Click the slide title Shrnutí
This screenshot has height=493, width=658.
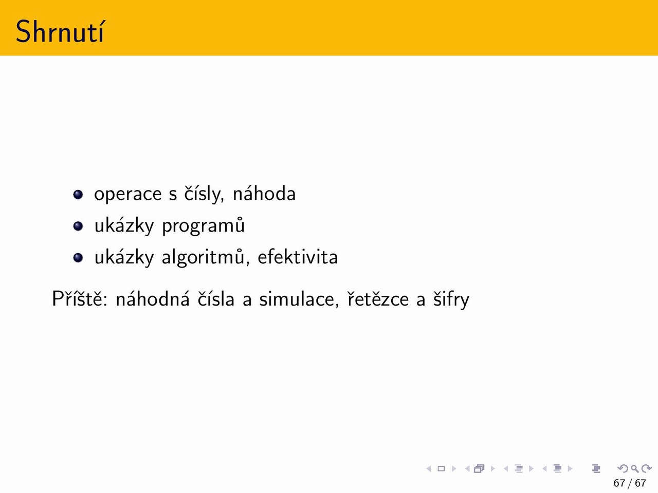[x=60, y=31]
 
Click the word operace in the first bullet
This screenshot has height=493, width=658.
[x=127, y=194]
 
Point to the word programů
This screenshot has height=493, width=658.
[x=203, y=225]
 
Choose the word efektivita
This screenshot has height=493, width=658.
[x=298, y=257]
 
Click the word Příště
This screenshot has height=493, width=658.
[x=80, y=298]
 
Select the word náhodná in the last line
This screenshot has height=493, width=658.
[x=153, y=298]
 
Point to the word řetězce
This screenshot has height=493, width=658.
[x=378, y=299]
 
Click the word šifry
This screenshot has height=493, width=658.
[x=451, y=299]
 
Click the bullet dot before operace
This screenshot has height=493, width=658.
[x=78, y=195]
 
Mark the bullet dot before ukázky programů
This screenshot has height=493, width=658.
[x=78, y=226]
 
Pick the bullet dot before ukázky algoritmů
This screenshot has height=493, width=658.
[x=78, y=258]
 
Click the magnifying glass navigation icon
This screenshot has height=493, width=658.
[x=634, y=469]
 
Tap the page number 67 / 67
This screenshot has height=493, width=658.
[x=630, y=483]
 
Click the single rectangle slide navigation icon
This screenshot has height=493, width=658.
[x=441, y=469]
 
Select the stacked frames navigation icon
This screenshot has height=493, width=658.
[x=479, y=469]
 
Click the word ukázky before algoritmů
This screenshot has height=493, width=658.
[x=124, y=257]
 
